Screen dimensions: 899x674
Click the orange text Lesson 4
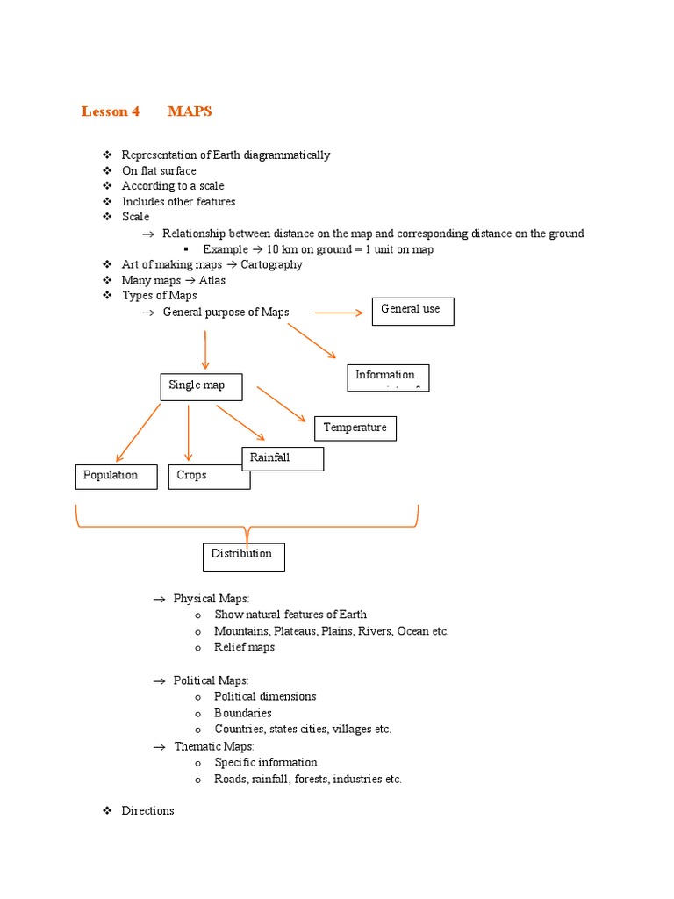coord(111,111)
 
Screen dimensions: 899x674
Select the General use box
coord(412,312)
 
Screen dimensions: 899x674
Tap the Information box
coord(388,378)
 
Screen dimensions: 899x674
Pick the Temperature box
coord(355,428)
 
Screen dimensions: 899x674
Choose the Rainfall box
coord(283,458)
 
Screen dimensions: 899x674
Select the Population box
coord(116,477)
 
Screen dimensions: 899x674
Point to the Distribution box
coord(243,557)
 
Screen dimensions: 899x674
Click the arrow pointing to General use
coord(338,313)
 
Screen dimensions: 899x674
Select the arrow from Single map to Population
coord(138,432)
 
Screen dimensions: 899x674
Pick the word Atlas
coord(212,280)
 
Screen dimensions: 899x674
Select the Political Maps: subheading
coord(211,680)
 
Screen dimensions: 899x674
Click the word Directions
coord(147,811)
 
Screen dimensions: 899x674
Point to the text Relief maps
coord(244,647)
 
